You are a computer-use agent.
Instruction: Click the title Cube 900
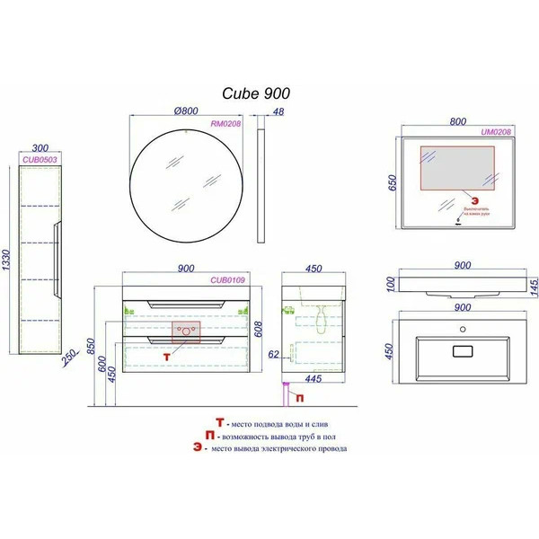coord(255,93)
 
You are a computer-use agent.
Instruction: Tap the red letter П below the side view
coord(299,395)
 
